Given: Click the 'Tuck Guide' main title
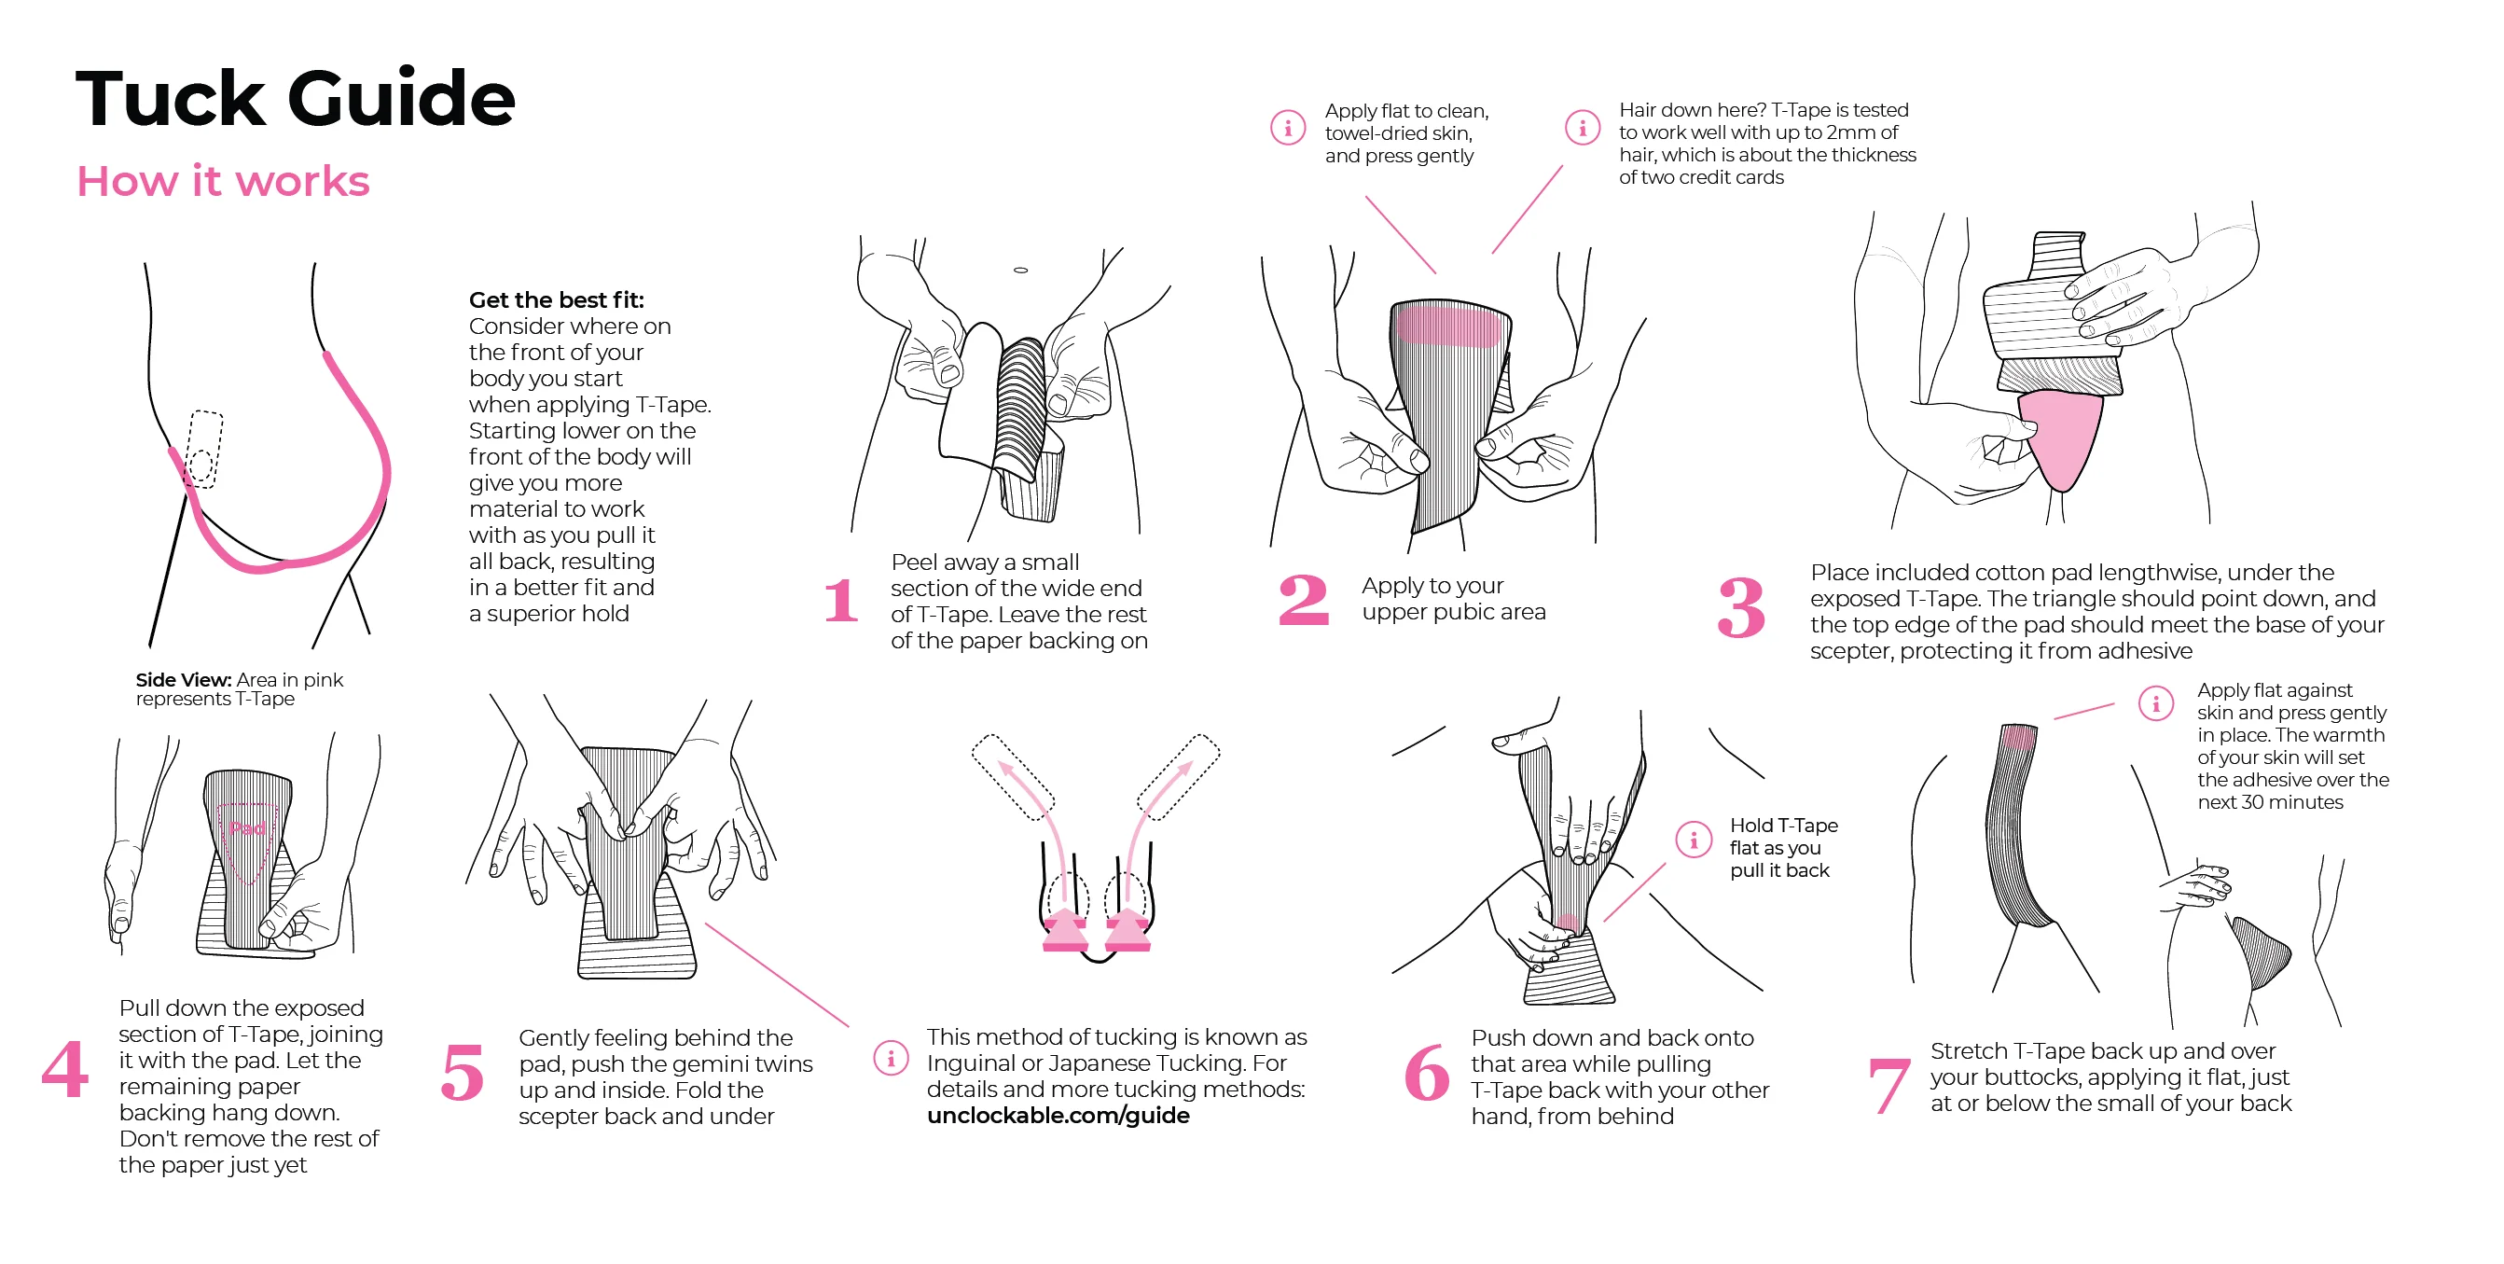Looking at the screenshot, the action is [295, 98].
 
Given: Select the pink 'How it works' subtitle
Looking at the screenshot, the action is [224, 181].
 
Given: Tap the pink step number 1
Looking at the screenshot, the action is [841, 600].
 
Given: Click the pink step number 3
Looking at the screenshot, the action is [1741, 607].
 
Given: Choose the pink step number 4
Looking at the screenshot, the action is [65, 1067].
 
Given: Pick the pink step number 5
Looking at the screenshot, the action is [463, 1073].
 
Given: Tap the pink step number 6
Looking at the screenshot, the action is [1427, 1073].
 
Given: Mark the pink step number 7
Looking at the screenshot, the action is [1888, 1085].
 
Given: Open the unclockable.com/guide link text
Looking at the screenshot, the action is [1058, 1116].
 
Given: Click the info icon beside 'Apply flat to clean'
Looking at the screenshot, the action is [1288, 128].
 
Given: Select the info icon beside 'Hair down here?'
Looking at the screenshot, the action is [1583, 128].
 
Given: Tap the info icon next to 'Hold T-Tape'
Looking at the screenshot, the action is [1694, 840].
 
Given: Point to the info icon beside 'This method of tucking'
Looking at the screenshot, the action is [891, 1058].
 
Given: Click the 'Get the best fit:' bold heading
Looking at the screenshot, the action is [556, 300].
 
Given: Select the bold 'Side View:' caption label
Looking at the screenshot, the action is [184, 680].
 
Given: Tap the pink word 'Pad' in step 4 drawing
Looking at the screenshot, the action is [247, 827].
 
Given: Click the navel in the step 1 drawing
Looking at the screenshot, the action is [1020, 270].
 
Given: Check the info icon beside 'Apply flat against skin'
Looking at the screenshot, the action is [2156, 703].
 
